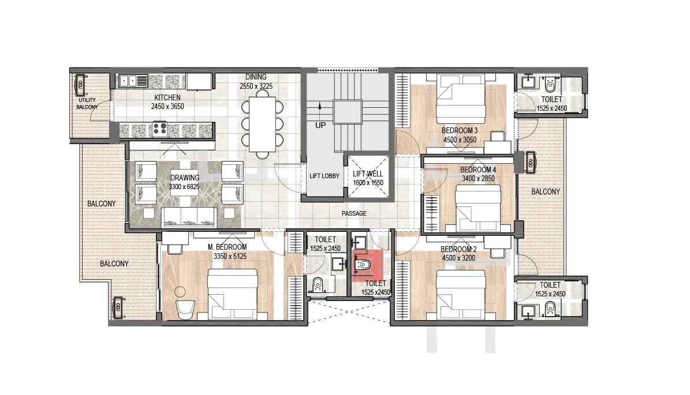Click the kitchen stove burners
click(159, 130)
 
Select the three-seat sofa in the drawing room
click(189, 217)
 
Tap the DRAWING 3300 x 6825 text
click(185, 182)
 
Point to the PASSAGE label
click(354, 213)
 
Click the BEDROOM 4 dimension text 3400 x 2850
click(478, 179)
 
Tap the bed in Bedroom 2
click(460, 295)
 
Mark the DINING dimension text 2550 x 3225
click(256, 86)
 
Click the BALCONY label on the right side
click(546, 191)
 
